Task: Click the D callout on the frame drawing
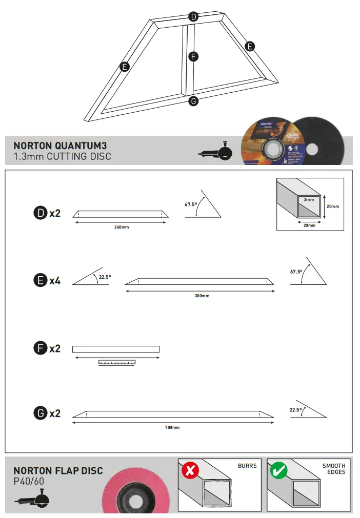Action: pos(193,17)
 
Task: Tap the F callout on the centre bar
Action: pos(193,57)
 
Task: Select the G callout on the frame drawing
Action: pos(193,101)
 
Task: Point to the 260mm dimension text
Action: pos(122,226)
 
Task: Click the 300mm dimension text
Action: pos(202,296)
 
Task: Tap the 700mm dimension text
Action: pos(172,427)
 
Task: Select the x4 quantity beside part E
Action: pos(55,281)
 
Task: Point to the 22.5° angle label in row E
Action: pos(105,277)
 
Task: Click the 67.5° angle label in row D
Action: pos(191,204)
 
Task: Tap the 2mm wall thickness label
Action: pos(309,199)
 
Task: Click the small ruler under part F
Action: pos(117,363)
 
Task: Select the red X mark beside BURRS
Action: pos(190,470)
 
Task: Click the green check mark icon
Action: pos(279,470)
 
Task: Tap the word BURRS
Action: pos(247,466)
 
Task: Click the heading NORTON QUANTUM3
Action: pos(60,146)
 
